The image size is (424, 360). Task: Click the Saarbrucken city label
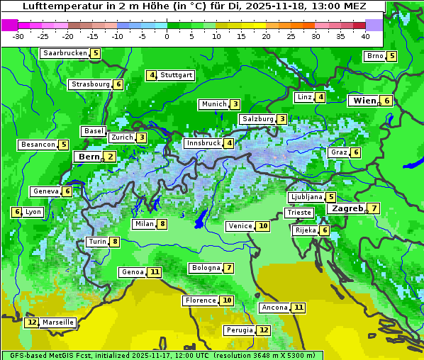(65, 53)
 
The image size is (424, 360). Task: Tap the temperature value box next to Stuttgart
(152, 75)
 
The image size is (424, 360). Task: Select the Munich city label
(213, 104)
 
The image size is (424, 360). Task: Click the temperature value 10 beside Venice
(263, 226)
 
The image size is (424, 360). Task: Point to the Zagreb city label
(347, 208)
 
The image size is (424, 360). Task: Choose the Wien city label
(365, 101)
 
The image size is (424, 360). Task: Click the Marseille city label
(58, 322)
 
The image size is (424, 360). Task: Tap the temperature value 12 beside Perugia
(264, 330)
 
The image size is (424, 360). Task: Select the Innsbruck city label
(203, 143)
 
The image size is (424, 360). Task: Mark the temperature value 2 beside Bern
(110, 157)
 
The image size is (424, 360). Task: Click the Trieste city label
(299, 213)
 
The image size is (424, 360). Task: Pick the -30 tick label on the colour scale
(18, 36)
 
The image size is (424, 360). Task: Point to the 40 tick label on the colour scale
(365, 36)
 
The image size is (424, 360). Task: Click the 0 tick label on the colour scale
(167, 36)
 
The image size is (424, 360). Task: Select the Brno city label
(374, 56)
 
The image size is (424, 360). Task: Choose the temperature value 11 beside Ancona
(299, 308)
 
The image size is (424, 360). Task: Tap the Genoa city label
(133, 272)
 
